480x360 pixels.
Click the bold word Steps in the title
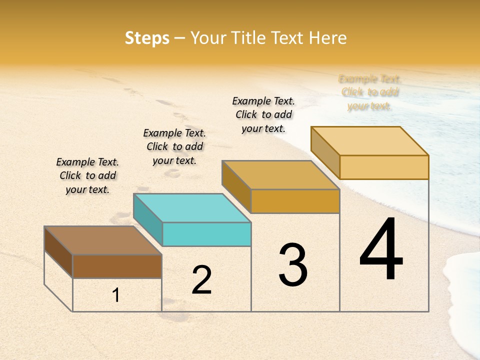point(146,38)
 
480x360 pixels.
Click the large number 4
point(381,249)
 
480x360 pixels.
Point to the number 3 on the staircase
point(293,264)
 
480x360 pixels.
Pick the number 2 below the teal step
point(201,280)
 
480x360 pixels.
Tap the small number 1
point(116,295)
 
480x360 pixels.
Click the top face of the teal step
point(191,207)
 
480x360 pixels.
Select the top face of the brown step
point(102,240)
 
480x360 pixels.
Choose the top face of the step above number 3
point(280,175)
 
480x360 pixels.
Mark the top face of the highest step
point(369,140)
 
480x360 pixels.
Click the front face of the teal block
point(207,234)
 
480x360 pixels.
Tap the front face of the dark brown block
point(117,266)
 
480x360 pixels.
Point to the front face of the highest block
point(384,167)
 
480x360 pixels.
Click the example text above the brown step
point(87,175)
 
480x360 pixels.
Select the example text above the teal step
point(174,146)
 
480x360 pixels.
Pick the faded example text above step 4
point(369,92)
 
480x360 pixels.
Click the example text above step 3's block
point(263,114)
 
